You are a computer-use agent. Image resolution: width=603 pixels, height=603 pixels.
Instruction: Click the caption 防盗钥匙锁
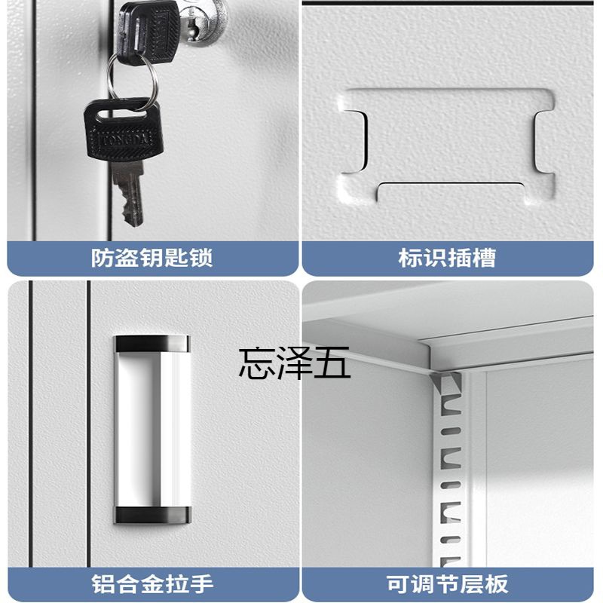coord(152,258)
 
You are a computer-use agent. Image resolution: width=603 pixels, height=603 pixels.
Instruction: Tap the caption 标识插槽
coord(447,258)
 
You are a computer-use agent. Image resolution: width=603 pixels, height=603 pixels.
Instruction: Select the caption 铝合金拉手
coord(152,583)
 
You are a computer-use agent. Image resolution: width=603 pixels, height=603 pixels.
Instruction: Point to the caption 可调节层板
coord(447,583)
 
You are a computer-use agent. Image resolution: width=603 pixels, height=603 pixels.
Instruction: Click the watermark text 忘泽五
coord(294,363)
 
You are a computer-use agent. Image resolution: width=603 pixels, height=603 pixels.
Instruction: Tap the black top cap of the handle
coord(152,344)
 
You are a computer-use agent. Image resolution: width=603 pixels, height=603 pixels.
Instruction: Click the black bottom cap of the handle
coord(152,516)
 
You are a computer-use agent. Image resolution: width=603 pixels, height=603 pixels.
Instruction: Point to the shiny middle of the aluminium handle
coord(152,430)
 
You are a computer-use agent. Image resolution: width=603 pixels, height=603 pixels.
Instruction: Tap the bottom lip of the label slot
coord(451,191)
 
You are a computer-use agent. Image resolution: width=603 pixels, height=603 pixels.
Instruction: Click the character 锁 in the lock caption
coord(200,258)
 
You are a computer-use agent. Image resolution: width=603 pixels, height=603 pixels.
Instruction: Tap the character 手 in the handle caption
coord(201,583)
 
